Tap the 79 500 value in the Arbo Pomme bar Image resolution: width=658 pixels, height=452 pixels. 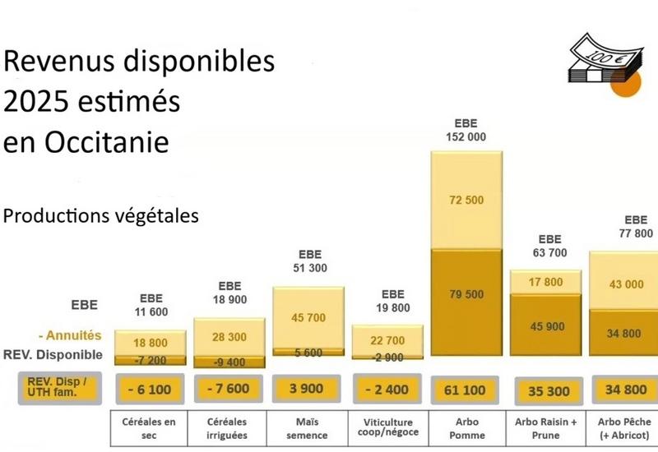[x=466, y=295]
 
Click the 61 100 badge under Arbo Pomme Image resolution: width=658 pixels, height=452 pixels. [x=466, y=389]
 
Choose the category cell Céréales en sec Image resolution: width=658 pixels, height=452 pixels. [x=149, y=428]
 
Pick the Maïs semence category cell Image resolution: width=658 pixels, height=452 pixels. [x=308, y=428]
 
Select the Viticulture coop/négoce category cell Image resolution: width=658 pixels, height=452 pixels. [x=387, y=428]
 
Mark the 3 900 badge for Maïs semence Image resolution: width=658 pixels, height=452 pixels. [x=308, y=389]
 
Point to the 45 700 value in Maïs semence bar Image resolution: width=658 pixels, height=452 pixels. [x=308, y=318]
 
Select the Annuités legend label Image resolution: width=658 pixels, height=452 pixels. [x=71, y=335]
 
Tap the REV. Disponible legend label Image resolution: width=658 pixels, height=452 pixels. [x=52, y=355]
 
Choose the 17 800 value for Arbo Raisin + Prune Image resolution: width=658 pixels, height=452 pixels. [x=547, y=282]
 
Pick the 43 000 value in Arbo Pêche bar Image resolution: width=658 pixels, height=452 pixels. [x=626, y=284]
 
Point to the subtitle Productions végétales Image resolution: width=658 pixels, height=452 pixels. [x=101, y=215]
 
